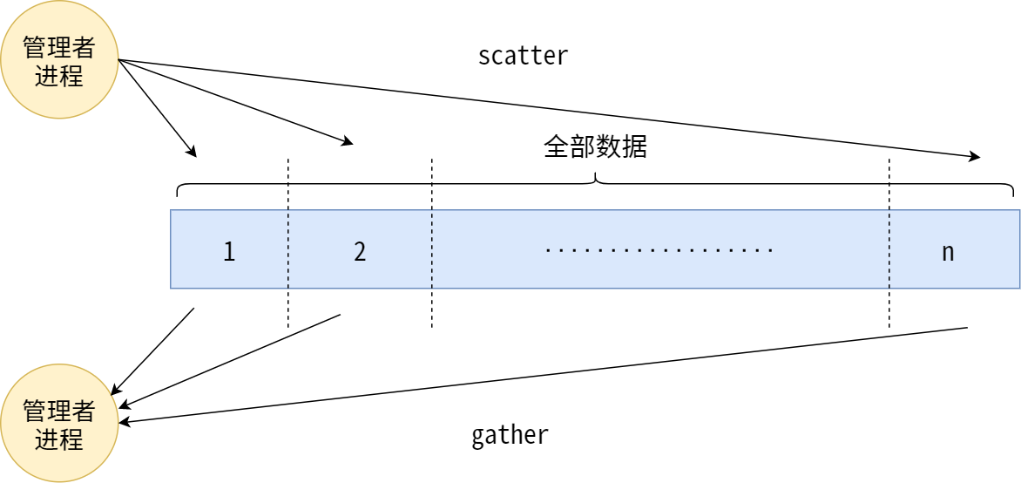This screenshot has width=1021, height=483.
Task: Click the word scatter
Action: (523, 56)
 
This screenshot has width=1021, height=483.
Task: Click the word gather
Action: (510, 434)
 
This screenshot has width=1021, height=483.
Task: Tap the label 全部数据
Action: (595, 146)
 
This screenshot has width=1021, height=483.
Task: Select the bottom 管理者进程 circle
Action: (59, 423)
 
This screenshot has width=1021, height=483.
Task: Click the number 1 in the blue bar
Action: (229, 252)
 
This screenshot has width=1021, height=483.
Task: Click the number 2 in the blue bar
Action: (360, 252)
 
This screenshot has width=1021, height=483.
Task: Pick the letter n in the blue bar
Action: (948, 252)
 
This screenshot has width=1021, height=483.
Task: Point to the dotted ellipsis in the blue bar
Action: (659, 251)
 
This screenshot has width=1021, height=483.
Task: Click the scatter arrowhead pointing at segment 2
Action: (348, 141)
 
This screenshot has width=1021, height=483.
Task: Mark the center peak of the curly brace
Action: (595, 177)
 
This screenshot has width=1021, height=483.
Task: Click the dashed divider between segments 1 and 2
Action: (287, 244)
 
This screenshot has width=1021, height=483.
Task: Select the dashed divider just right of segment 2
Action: (431, 244)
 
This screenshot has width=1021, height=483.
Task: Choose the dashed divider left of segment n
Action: (889, 244)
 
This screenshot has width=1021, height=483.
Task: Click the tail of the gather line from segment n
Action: (966, 328)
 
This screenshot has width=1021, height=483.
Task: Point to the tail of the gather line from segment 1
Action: (193, 309)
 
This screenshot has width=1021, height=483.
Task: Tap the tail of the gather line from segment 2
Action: (339, 315)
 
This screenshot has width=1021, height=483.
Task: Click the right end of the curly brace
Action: (1012, 194)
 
